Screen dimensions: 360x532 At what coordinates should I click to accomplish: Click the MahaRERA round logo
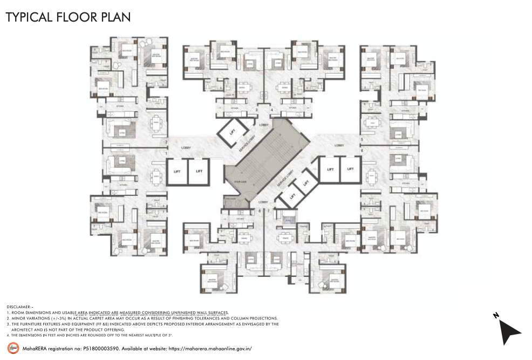(12, 348)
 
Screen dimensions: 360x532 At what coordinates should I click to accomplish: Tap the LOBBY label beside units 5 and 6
(339, 145)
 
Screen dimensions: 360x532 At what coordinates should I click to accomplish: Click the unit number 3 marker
(257, 110)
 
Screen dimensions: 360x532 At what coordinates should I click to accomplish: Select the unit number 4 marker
(271, 110)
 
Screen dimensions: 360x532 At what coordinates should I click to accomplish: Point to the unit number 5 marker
(362, 139)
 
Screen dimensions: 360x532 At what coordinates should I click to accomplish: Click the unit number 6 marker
(362, 150)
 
